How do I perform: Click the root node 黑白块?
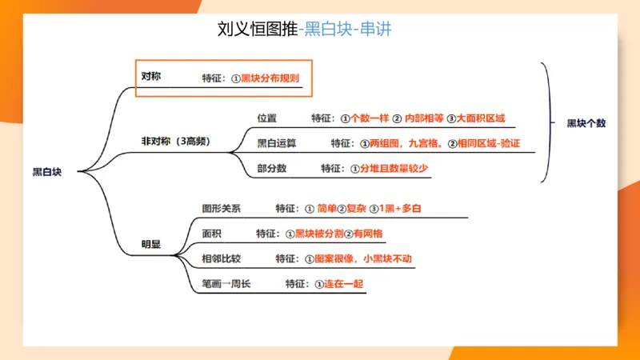(46, 171)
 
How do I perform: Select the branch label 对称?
(150, 77)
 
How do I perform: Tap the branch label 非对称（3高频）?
(175, 141)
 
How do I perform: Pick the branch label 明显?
(150, 244)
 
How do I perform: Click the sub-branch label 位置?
(266, 118)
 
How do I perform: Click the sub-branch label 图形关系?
(222, 208)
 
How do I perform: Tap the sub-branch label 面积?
(212, 233)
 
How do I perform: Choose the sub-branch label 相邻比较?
(222, 258)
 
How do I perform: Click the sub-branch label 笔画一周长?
(226, 283)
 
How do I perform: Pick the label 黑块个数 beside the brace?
(586, 123)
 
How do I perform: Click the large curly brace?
(548, 123)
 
